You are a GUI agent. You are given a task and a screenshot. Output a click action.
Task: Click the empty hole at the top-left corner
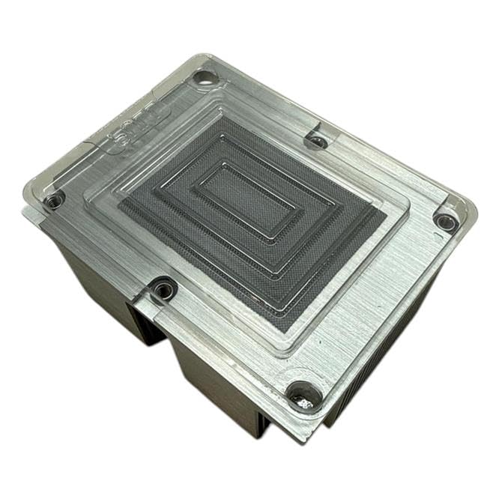pyautogui.click(x=205, y=77)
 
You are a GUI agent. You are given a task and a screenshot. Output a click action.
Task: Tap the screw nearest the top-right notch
pyautogui.click(x=318, y=140)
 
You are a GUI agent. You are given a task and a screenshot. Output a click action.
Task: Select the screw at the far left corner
pyautogui.click(x=53, y=200)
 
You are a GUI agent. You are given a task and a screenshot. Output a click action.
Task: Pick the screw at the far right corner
pyautogui.click(x=447, y=222)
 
